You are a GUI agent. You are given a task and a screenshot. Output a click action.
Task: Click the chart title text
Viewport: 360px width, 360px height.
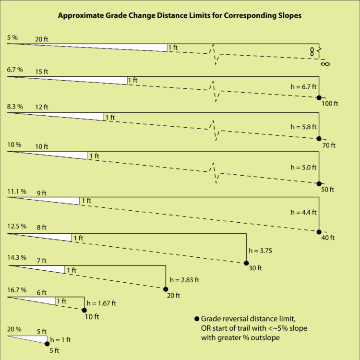point(180,15)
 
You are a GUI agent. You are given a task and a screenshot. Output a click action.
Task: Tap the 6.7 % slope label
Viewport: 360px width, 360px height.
point(15,70)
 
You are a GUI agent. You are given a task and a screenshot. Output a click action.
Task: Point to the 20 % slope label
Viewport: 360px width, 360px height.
point(14,329)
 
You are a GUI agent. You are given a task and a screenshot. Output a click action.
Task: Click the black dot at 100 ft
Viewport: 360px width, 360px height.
point(319,97)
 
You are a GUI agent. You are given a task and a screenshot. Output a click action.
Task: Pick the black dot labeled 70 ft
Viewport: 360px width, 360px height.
point(319,139)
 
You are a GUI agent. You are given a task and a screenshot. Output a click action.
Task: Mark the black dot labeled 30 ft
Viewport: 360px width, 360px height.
point(246,263)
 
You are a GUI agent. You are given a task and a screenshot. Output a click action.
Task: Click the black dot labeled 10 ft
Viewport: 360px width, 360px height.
point(84,310)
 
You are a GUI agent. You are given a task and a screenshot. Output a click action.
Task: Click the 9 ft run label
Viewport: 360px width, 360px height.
point(42,192)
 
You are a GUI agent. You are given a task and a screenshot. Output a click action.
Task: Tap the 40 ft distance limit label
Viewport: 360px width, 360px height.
point(327,238)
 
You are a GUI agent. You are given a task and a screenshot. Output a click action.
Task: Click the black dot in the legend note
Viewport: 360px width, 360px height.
point(196,319)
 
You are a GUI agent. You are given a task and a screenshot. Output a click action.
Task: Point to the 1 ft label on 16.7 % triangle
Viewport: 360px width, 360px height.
point(61,301)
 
